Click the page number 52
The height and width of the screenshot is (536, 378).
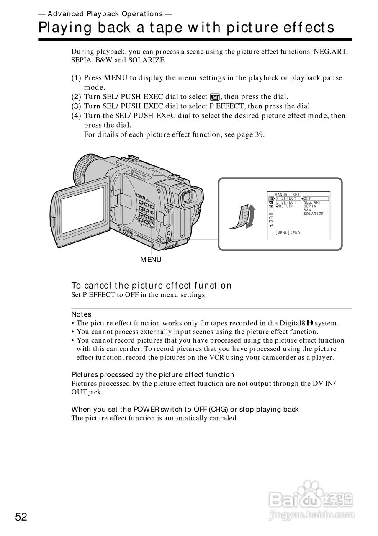click(21, 517)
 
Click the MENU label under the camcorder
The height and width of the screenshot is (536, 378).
click(151, 260)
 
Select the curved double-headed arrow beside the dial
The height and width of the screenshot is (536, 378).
click(250, 216)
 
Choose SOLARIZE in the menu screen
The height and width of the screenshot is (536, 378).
click(314, 214)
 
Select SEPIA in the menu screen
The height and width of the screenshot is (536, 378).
click(310, 206)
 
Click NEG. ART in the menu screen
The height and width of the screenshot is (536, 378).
click(312, 202)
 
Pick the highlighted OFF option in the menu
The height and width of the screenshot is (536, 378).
click(308, 198)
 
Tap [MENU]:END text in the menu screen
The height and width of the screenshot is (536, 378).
click(288, 232)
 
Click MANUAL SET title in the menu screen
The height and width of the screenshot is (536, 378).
click(287, 195)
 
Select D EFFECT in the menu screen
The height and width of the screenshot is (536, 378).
click(286, 202)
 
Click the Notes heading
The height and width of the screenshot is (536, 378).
click(81, 314)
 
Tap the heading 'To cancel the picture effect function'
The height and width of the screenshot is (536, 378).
click(151, 286)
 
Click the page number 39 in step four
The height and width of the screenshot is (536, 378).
click(259, 135)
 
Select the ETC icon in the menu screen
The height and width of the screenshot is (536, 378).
click(271, 221)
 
